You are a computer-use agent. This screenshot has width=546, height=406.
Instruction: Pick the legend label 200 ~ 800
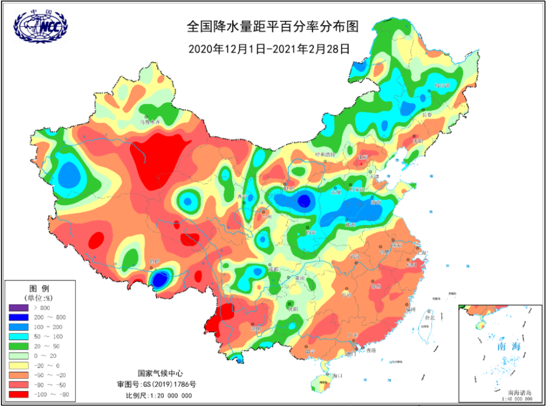coord(52,317)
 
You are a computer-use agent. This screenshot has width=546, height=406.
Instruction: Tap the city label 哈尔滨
coord(441,86)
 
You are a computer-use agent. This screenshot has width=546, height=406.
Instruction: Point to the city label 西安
coord(312,232)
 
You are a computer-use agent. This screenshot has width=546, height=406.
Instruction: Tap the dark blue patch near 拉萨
coord(159,280)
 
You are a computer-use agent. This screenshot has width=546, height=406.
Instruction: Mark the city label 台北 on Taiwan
coord(430,317)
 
